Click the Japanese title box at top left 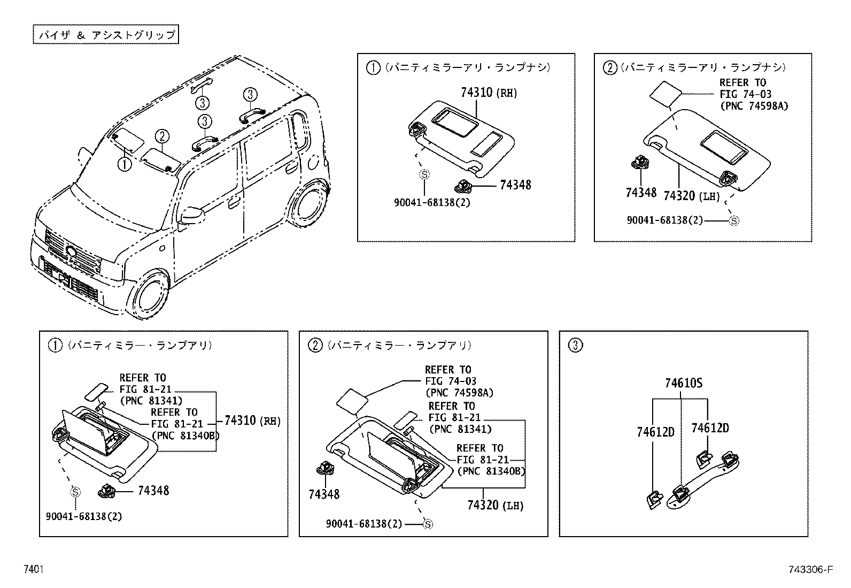click(105, 35)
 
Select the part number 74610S click(684, 383)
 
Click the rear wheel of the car click(310, 207)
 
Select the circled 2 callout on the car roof click(163, 136)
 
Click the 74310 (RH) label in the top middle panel click(489, 93)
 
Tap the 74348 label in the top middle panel click(515, 185)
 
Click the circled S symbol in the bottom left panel click(75, 492)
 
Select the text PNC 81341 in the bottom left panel click(151, 400)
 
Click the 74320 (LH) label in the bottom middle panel click(495, 505)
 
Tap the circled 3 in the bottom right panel click(576, 345)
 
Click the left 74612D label click(655, 432)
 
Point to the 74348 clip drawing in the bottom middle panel click(324, 469)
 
